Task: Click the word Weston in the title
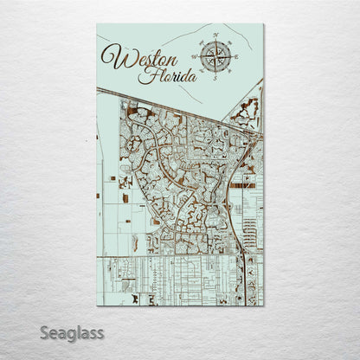(138, 59)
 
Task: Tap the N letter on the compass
(215, 36)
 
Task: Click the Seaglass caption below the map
(71, 332)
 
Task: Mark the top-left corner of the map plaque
(97, 24)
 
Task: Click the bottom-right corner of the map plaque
(263, 305)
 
